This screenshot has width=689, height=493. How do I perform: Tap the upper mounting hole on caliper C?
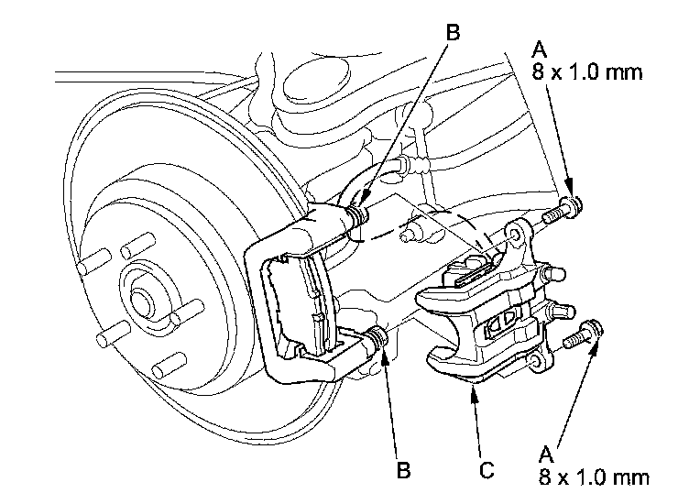pos(519,236)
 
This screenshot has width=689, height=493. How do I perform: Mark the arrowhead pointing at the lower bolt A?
pos(595,346)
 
